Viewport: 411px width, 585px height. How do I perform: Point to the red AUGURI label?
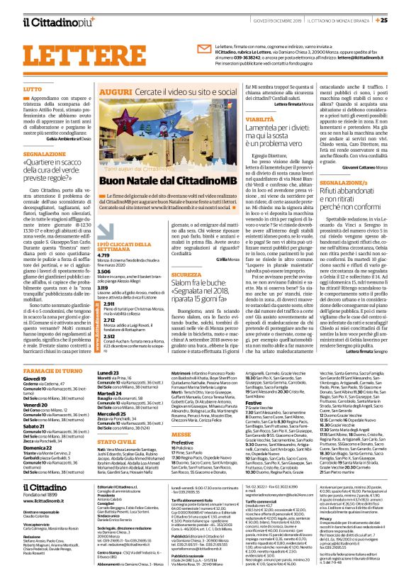115,92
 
